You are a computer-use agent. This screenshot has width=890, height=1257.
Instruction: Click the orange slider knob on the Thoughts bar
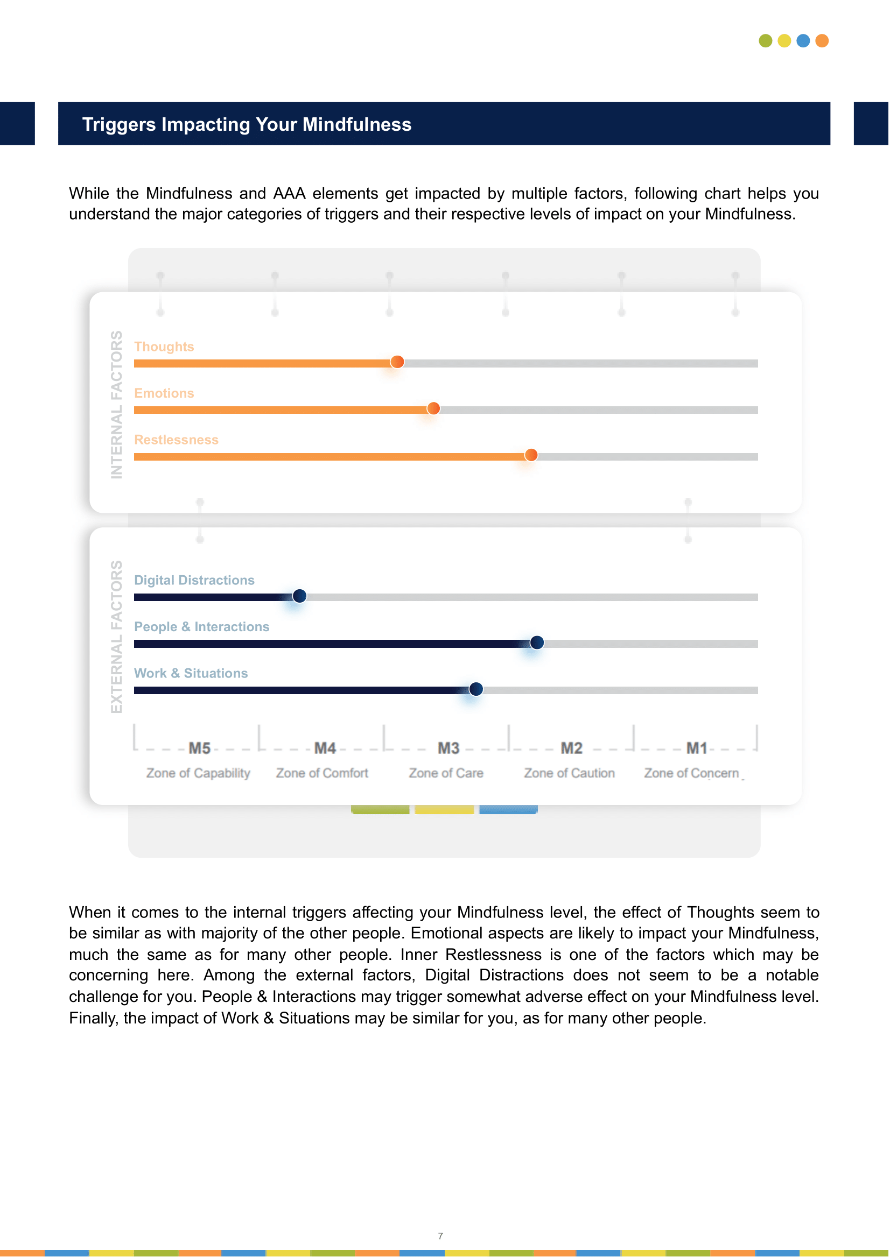click(x=398, y=362)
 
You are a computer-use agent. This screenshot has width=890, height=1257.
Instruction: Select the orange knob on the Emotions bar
click(x=434, y=408)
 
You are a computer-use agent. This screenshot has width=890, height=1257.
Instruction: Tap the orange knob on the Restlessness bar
click(x=531, y=455)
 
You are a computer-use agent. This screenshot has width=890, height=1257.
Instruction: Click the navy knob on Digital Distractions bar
click(x=300, y=596)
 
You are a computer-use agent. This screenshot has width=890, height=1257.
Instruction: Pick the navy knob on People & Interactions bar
click(x=538, y=643)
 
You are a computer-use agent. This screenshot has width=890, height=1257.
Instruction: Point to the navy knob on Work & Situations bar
click(x=477, y=689)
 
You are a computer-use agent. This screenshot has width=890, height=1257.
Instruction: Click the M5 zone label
click(x=200, y=748)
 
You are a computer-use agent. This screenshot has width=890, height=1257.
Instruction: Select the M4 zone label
click(x=325, y=748)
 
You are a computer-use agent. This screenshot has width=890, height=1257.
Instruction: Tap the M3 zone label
click(x=449, y=748)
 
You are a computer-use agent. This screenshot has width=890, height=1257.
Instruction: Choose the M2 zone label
click(x=572, y=748)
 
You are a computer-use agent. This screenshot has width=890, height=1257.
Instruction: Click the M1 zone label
click(x=698, y=748)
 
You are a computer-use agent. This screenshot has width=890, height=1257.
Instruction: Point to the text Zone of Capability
click(x=198, y=774)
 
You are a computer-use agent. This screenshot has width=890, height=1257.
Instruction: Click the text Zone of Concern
click(x=692, y=774)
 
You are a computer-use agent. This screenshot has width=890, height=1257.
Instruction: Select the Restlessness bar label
click(x=177, y=440)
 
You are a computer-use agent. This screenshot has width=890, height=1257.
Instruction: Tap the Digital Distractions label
click(x=194, y=581)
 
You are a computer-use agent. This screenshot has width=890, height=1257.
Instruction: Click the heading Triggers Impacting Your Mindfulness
click(x=247, y=124)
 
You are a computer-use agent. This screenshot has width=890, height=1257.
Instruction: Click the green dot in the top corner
click(x=767, y=40)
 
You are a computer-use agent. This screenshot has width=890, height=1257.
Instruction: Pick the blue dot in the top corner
click(x=804, y=40)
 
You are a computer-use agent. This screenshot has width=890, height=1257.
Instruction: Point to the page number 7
click(x=441, y=1236)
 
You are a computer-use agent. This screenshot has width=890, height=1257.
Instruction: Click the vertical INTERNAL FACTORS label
click(x=117, y=405)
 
